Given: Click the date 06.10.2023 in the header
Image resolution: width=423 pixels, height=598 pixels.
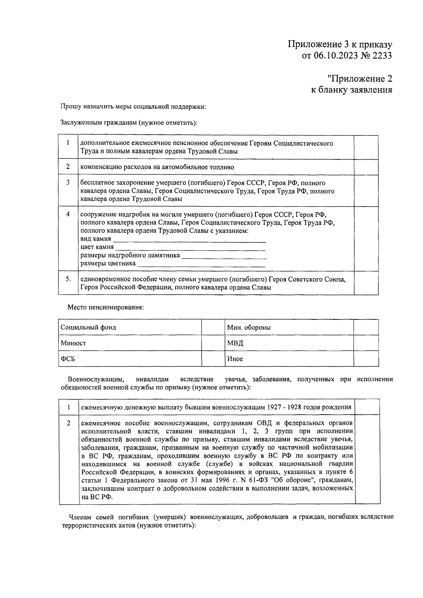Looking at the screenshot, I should tap(334, 56).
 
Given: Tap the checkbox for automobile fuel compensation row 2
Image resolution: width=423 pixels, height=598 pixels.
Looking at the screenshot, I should tap(366, 167).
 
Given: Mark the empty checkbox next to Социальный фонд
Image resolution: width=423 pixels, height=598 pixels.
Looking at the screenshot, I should tap(213, 327).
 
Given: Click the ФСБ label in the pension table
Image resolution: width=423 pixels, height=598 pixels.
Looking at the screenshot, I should tap(68, 359).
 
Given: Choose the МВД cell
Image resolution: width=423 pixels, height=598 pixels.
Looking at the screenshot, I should tap(235, 343).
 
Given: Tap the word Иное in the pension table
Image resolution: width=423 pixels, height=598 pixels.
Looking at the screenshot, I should tap(235, 359).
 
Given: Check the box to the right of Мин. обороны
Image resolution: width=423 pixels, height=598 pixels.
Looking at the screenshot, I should tap(366, 327).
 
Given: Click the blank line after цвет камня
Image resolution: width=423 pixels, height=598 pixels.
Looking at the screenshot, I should tap(190, 249).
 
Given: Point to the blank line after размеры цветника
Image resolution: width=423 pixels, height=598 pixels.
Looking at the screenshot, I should tap(201, 265).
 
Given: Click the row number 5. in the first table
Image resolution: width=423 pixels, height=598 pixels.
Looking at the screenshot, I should tap(68, 279).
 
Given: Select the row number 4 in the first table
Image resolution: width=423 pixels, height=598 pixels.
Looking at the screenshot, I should tap(68, 214).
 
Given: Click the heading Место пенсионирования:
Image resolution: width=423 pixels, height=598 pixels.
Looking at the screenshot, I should tap(105, 307).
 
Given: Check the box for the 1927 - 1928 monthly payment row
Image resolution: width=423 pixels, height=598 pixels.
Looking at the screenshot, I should tap(367, 407).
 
